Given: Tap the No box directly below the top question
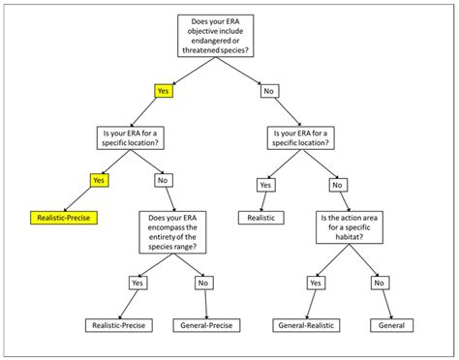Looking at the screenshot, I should [267, 92].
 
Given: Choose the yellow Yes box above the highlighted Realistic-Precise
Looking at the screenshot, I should [98, 179].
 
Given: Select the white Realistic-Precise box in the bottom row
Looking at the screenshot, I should [120, 325].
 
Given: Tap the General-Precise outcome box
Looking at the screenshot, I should [208, 325].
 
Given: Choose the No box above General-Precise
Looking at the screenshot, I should [202, 283].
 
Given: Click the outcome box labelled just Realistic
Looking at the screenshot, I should [262, 219].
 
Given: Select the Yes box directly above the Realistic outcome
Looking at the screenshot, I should [264, 185].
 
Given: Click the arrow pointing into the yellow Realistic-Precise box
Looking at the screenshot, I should [77, 200].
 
